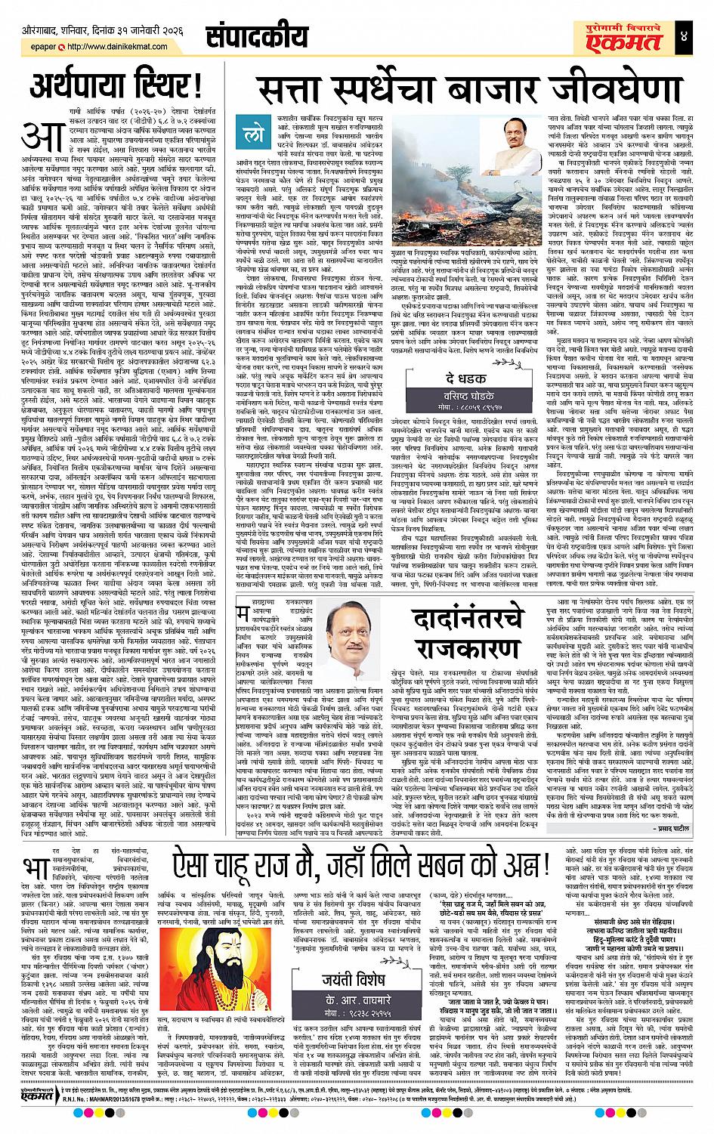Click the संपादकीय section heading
(255, 36)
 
